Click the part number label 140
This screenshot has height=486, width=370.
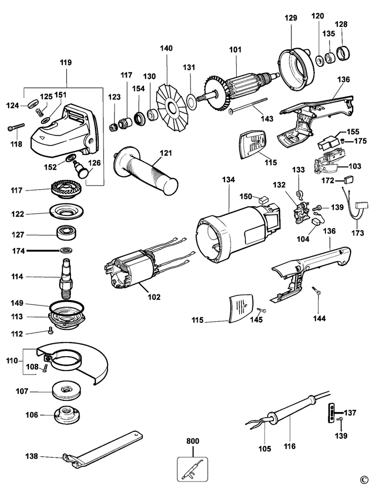(x=166, y=49)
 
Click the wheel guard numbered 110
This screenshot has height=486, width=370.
(x=76, y=362)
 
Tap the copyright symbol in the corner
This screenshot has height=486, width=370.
(x=363, y=479)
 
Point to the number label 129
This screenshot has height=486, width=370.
(x=291, y=18)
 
